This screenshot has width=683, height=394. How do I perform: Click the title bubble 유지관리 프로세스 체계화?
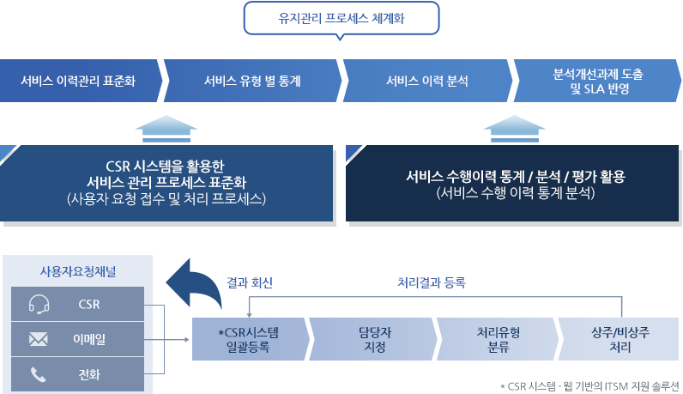pos(341,18)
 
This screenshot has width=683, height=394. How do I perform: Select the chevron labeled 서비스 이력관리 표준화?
pos(79,82)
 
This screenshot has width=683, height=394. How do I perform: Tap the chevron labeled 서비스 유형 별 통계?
pos(251,82)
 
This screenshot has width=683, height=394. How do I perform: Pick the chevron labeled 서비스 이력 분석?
pos(426,82)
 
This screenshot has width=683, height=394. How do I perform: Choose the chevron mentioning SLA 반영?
pos(599,82)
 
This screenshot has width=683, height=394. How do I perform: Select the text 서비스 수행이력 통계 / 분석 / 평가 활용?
pos(515,178)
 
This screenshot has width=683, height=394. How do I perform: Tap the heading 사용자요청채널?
pos(79,271)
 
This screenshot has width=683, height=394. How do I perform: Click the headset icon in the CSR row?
pos(38,304)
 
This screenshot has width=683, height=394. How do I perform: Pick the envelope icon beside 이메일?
pos(38,339)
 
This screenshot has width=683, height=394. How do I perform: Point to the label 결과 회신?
pos(250,282)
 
